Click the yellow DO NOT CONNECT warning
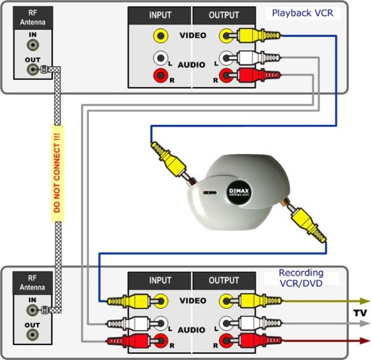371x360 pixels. pos(56,170)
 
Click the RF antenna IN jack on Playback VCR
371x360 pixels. pos(32,46)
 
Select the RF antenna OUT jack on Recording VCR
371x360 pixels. pos(32,335)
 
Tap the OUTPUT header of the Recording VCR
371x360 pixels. pos(224,280)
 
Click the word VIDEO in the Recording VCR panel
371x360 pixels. pos(192,301)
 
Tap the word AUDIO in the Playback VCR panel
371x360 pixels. pos(192,64)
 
